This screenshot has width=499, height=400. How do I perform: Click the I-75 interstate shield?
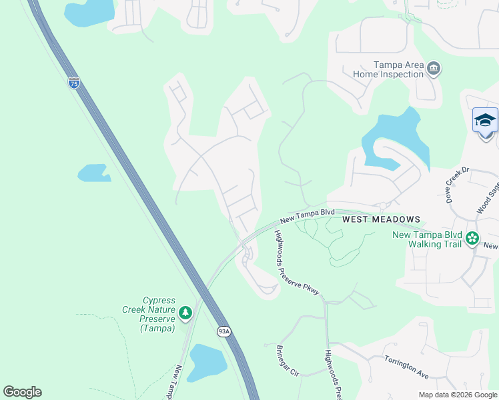pos(74,83)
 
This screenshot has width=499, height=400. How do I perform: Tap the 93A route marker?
pos(223,331)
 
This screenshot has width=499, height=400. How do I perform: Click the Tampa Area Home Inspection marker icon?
pos(434,69)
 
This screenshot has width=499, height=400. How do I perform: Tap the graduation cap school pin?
pos(485,121)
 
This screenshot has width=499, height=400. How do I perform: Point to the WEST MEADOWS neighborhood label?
pos(381,219)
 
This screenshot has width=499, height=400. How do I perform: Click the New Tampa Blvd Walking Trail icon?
pos(472,238)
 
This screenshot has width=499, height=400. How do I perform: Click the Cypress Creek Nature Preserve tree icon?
pos(185,311)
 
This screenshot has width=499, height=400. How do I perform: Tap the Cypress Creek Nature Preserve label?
pos(148,314)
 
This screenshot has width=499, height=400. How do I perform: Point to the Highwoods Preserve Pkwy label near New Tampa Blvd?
pos(298,262)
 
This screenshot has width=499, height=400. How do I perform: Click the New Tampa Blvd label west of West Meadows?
pos(307,215)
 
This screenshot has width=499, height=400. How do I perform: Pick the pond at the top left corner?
pos(89,12)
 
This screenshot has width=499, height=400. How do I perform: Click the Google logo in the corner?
pos(22,392)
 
